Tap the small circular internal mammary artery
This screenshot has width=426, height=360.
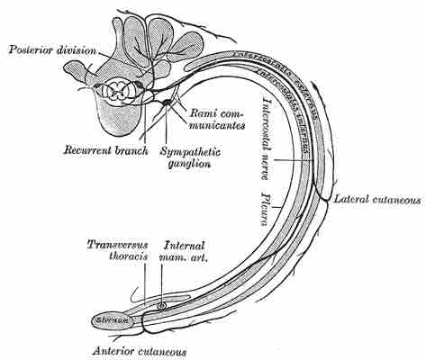pos(161,306)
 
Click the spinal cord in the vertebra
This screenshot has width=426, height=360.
pos(119,90)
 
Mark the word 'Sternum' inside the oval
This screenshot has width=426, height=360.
pos(110,319)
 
